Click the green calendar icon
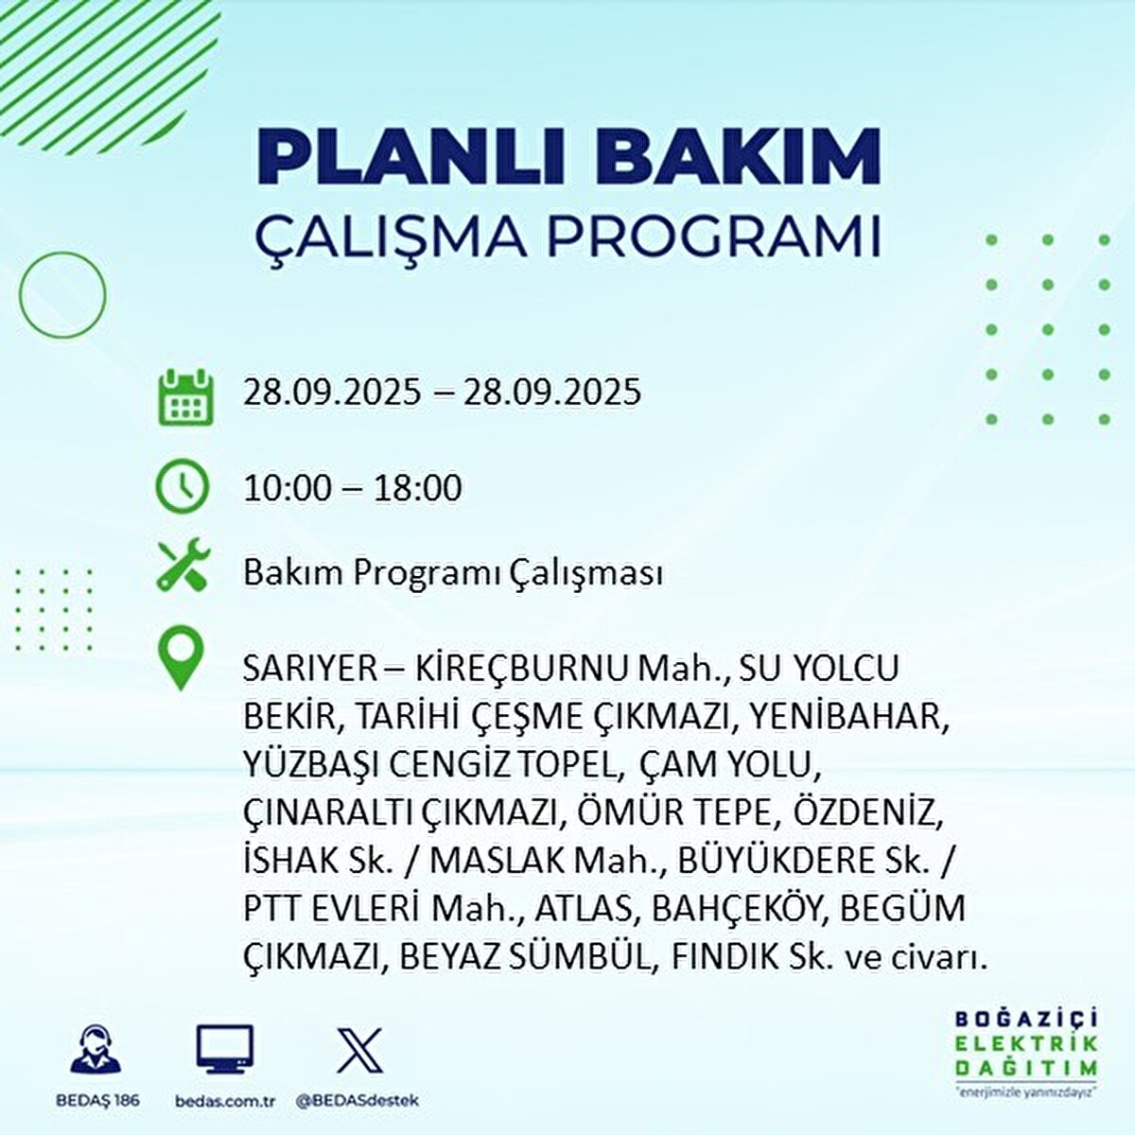pos(185,394)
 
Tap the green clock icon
pos(182,486)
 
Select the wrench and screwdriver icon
pos(183,566)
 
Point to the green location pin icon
pos(181,660)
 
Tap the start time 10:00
pos(288,488)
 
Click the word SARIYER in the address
pos(309,669)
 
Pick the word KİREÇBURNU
pos(520,669)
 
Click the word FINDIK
pos(725,956)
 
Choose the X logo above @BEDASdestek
pos(359,1050)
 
